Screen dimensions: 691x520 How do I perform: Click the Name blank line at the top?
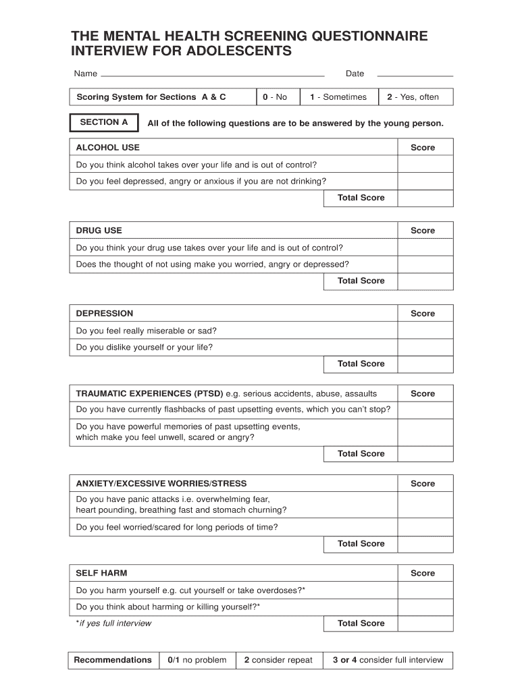212,74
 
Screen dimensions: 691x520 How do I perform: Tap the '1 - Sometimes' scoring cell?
338,97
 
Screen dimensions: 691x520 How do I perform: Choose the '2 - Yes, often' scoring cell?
415,97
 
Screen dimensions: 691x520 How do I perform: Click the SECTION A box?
104,123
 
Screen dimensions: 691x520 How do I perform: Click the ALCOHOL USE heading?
108,148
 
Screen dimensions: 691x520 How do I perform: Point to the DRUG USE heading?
99,231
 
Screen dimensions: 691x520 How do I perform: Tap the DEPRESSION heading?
105,314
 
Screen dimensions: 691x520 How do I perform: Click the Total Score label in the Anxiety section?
361,544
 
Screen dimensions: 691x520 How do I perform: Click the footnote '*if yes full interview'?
114,624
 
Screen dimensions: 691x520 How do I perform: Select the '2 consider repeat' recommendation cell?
278,660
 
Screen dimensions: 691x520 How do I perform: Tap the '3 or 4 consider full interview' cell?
388,660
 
